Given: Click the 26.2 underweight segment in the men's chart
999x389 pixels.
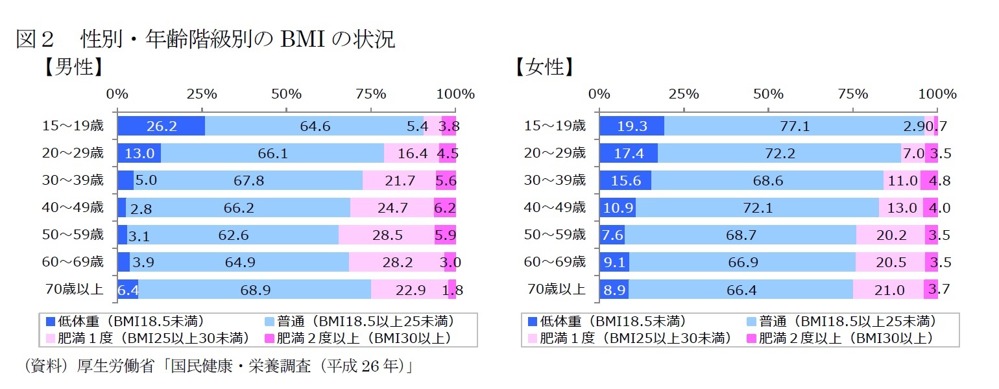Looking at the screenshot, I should [161, 126].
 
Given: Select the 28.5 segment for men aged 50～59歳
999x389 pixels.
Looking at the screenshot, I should [387, 235].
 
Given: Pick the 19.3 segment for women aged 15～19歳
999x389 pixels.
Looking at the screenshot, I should [632, 126].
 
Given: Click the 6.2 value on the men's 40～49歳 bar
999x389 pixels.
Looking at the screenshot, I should [445, 208].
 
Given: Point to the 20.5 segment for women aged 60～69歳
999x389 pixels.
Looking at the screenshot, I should [890, 263].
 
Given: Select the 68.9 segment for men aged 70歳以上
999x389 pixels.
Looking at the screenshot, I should [255, 290].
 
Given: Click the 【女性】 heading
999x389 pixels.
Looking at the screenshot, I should [543, 67].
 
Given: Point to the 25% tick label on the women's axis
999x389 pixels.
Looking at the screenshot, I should [684, 94].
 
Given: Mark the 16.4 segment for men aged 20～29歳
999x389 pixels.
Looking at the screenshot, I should [411, 154].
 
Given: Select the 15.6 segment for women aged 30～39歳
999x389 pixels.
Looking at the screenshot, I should [625, 181].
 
